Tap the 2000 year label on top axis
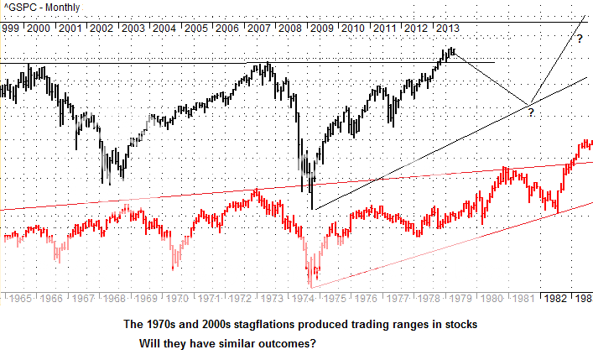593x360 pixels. tap(38, 28)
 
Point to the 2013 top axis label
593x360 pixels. tap(447, 28)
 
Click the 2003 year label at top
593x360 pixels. tap(133, 28)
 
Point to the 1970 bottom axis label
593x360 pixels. tap(176, 298)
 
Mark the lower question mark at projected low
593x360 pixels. tap(530, 112)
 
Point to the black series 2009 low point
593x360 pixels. tap(311, 209)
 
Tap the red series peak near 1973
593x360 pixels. tap(256, 190)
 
